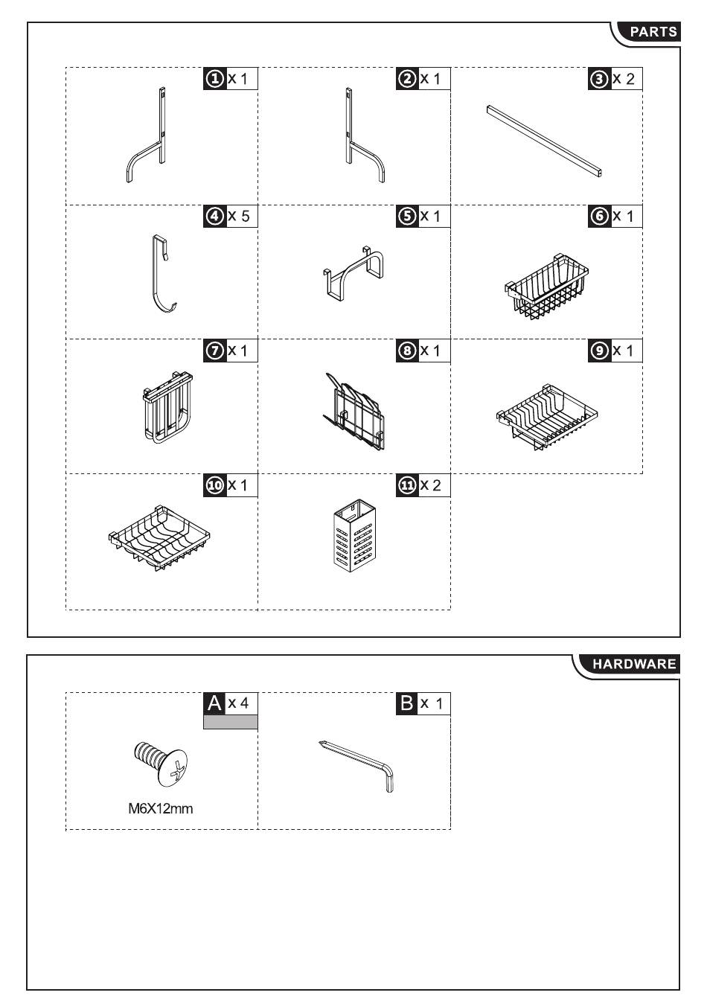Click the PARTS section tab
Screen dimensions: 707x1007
pyautogui.click(x=649, y=32)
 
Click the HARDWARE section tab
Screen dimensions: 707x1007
pyautogui.click(x=630, y=664)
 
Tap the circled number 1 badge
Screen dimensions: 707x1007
pyautogui.click(x=215, y=79)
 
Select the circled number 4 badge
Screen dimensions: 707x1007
pyautogui.click(x=215, y=216)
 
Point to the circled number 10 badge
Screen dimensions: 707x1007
pyautogui.click(x=215, y=485)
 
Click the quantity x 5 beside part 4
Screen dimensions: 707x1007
pyautogui.click(x=238, y=216)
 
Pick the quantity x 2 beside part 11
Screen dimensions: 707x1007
pyautogui.click(x=431, y=485)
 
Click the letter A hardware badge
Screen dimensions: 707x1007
pyautogui.click(x=215, y=703)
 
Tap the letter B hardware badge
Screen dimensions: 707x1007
pyautogui.click(x=407, y=703)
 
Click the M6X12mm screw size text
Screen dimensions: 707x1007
pyautogui.click(x=161, y=809)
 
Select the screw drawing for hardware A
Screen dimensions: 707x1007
pyautogui.click(x=161, y=764)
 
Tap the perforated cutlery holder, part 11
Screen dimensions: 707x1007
pyautogui.click(x=355, y=535)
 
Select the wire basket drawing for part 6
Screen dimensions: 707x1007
pyautogui.click(x=546, y=288)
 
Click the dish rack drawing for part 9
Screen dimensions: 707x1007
pyautogui.click(x=547, y=418)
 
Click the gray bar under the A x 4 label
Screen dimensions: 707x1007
pyautogui.click(x=231, y=722)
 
